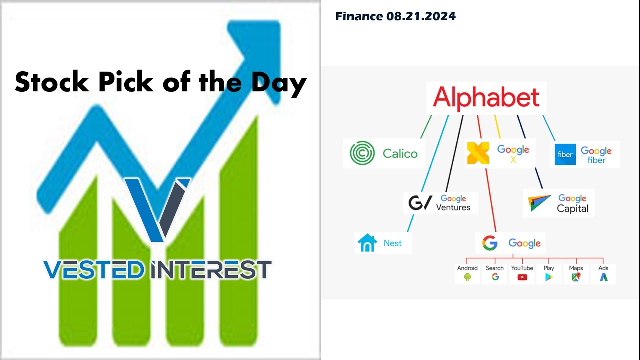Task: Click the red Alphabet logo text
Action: (486, 98)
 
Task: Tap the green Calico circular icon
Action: (362, 153)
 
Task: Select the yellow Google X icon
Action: (478, 153)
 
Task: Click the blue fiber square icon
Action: (565, 155)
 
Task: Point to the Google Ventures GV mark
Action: (419, 203)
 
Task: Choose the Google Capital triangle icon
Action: (539, 203)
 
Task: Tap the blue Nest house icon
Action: (367, 243)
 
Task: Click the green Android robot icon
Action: (467, 277)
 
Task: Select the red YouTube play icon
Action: (522, 277)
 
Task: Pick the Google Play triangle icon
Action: (549, 277)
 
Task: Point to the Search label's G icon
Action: (495, 277)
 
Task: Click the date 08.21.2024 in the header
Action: (421, 16)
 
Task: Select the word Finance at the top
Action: (359, 16)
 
